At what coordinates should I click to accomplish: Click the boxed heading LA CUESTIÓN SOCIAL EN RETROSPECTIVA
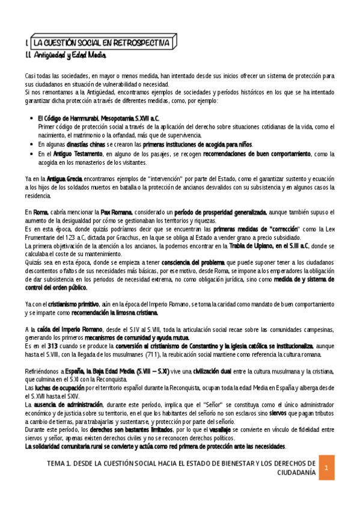click(103, 43)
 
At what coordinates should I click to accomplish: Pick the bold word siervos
click(276, 413)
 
